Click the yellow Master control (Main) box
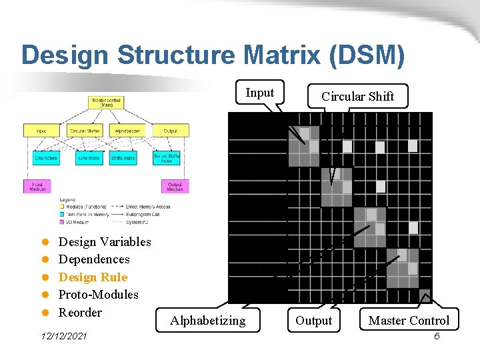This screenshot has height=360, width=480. click(105, 102)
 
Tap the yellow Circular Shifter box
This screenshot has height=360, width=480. click(85, 131)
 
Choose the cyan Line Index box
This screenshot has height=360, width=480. click(85, 158)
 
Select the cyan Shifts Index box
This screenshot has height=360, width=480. click(124, 158)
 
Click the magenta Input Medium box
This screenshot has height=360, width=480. click(37, 186)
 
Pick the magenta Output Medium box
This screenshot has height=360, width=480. click(175, 186)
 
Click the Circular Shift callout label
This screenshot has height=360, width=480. click(357, 97)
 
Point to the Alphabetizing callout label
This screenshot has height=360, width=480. click(207, 321)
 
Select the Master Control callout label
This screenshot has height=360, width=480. click(409, 321)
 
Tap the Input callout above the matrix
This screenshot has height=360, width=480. click(259, 93)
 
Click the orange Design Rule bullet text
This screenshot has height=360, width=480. click(93, 277)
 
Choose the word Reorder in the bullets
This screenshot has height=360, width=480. click(80, 313)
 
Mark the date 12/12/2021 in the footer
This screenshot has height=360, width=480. click(64, 337)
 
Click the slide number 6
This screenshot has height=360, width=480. click(437, 336)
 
